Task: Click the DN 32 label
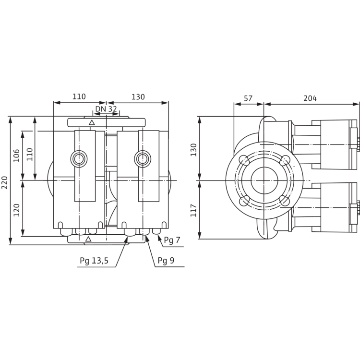105,109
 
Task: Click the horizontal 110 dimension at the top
79,97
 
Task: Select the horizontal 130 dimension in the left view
138,97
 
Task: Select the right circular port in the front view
141,157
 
